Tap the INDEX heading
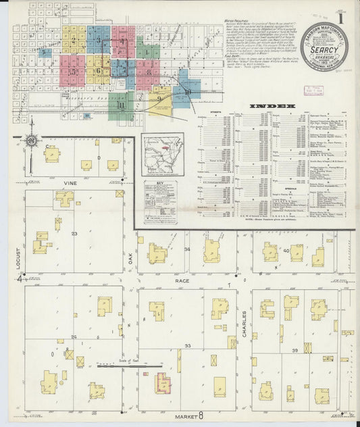[272, 107]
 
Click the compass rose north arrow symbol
[31, 141]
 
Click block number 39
[294, 351]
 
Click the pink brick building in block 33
[163, 383]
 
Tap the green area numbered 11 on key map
[122, 105]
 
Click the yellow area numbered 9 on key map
[159, 99]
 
